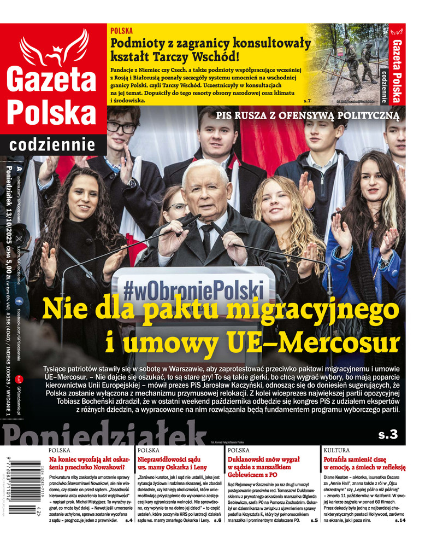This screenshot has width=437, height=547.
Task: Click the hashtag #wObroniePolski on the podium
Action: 217,287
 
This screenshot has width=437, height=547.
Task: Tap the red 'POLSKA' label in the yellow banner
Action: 121,31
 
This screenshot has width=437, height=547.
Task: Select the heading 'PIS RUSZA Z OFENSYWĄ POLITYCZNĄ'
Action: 308,115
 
